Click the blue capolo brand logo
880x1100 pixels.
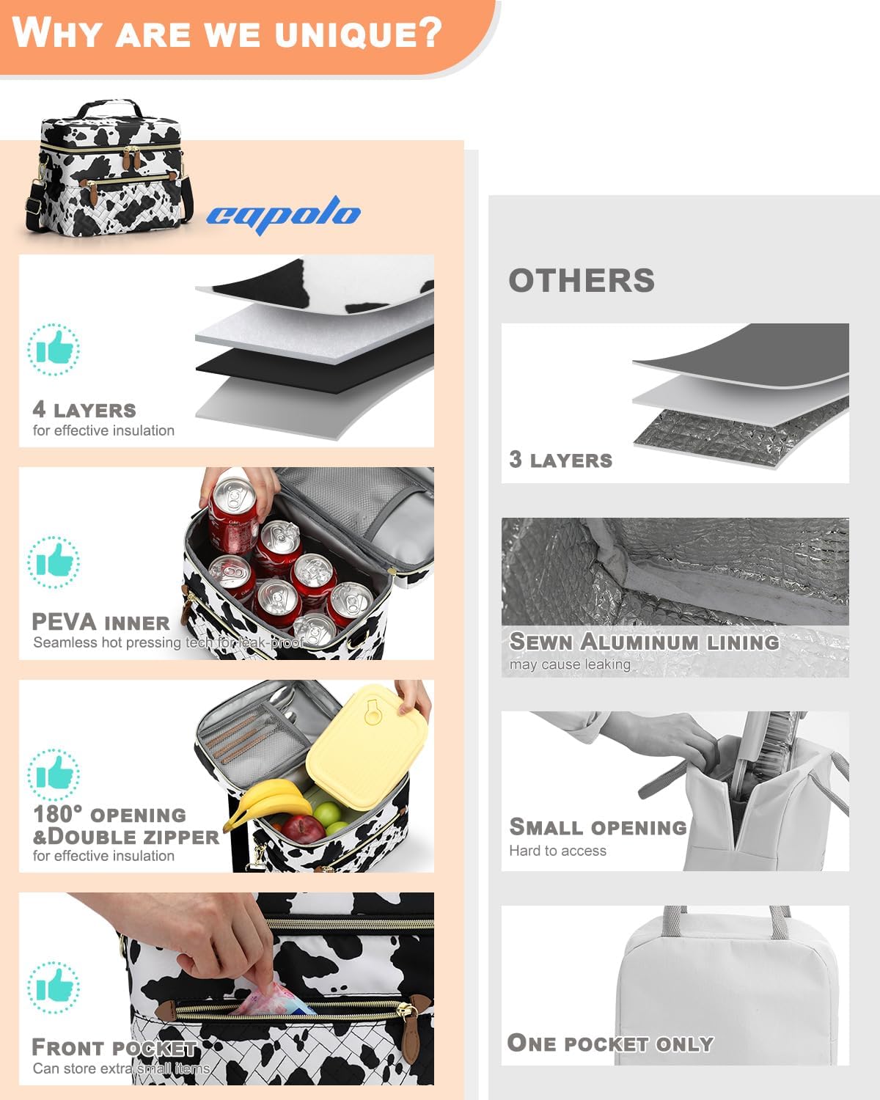click(x=284, y=215)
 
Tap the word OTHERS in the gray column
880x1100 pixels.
click(x=582, y=280)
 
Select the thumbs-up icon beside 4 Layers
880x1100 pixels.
click(x=54, y=349)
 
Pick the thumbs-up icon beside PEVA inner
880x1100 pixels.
click(x=54, y=562)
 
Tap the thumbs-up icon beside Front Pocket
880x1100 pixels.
click(x=54, y=987)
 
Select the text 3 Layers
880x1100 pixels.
click(x=560, y=460)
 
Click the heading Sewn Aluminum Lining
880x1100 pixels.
click(x=645, y=642)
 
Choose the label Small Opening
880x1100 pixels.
click(x=598, y=826)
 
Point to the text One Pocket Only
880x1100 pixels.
click(x=611, y=1044)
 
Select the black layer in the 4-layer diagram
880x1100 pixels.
click(x=315, y=364)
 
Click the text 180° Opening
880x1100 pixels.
click(x=109, y=814)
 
